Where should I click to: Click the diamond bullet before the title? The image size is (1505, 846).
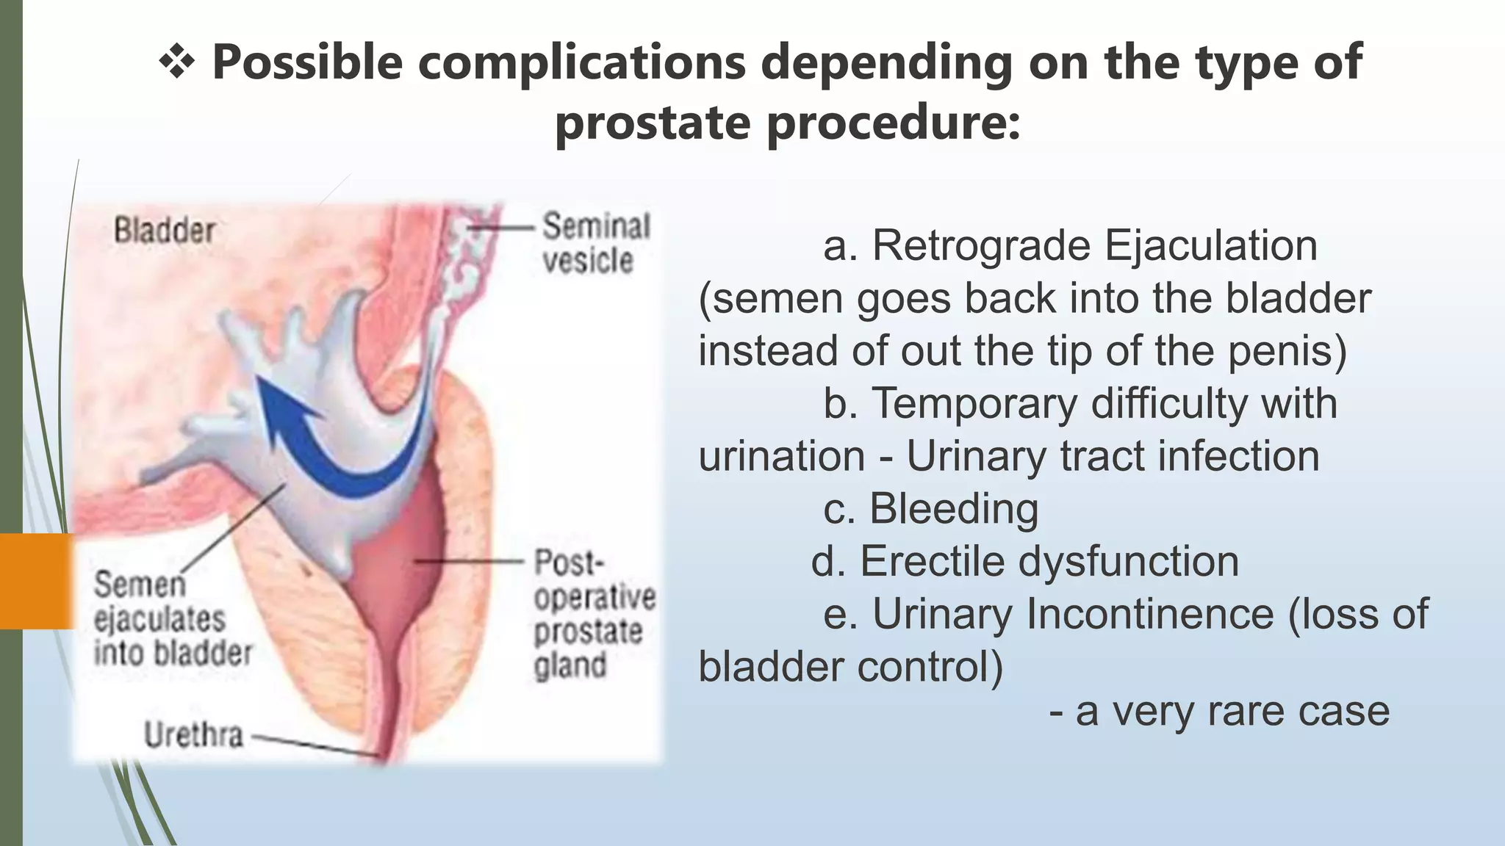tap(176, 62)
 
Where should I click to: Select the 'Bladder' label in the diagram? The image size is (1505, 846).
tap(165, 231)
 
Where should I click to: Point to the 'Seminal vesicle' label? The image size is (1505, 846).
tap(595, 243)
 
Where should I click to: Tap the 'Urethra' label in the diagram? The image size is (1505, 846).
tap(193, 735)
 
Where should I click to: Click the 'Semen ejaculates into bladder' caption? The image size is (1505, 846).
tap(172, 619)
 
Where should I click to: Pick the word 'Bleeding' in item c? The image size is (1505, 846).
tap(954, 508)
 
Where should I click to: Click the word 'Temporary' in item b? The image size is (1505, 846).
tap(974, 403)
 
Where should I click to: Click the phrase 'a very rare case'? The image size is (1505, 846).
tap(1232, 712)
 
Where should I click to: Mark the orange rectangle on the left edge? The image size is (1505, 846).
tap(37, 582)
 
